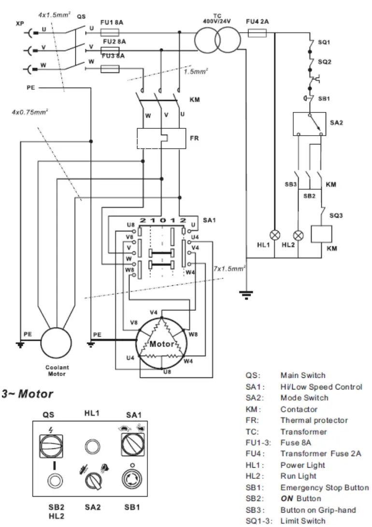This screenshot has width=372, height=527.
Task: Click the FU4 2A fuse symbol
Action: pyautogui.click(x=257, y=33)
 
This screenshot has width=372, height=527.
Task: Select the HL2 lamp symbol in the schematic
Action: pyautogui.click(x=299, y=235)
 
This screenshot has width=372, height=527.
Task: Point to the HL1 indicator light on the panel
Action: pyautogui.click(x=93, y=444)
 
